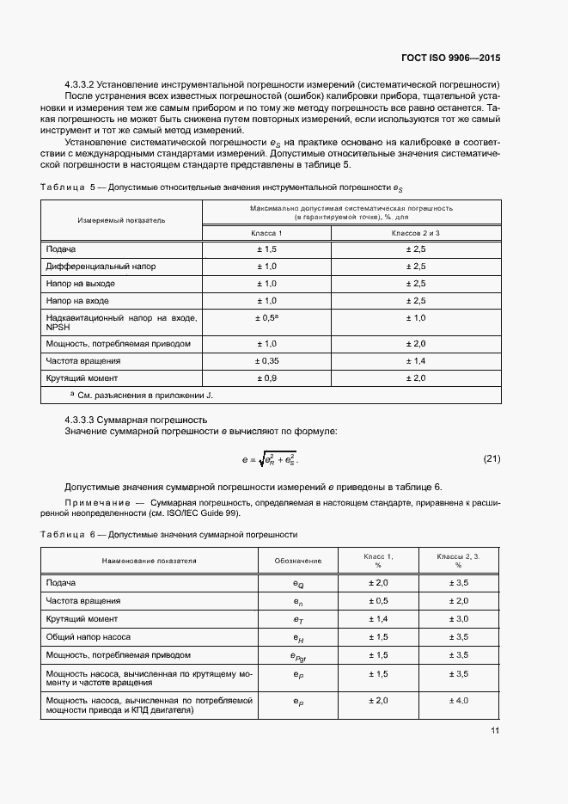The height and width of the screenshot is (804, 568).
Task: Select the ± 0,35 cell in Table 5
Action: point(266,361)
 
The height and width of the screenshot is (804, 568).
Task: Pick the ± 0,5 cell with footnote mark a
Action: point(266,318)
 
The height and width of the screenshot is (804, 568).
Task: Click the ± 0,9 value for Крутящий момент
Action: point(266,378)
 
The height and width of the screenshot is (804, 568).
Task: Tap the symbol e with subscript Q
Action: point(298,584)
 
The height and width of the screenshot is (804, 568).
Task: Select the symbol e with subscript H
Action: point(298,637)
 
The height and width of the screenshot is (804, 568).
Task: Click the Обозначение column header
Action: point(298,561)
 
